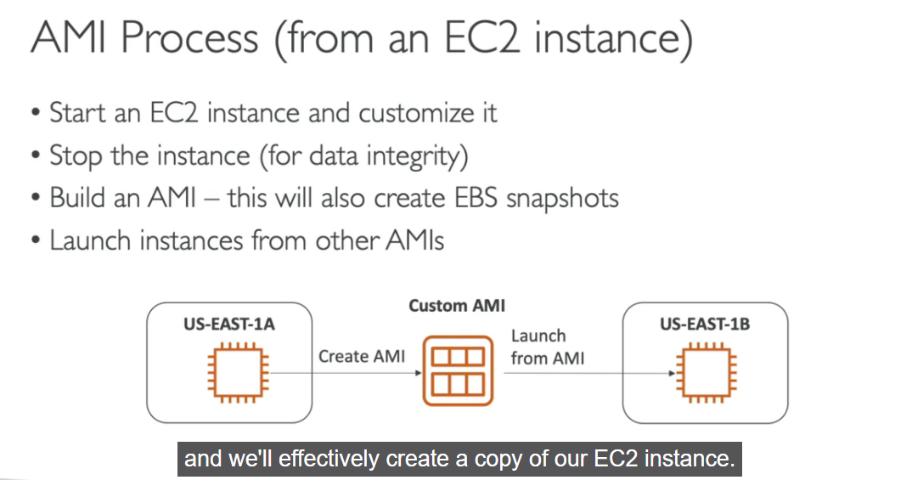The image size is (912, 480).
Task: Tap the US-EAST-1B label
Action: pos(704,324)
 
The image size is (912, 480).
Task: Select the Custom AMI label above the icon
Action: pos(457,306)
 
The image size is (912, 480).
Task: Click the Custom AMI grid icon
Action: pos(457,371)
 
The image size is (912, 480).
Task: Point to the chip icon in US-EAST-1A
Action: pos(236,371)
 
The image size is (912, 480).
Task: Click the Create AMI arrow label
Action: pos(362,357)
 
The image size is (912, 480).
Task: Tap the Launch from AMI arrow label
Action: pos(547,347)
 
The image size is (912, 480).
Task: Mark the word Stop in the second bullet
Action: pos(72,155)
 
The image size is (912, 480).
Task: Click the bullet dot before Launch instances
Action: pos(34,241)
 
